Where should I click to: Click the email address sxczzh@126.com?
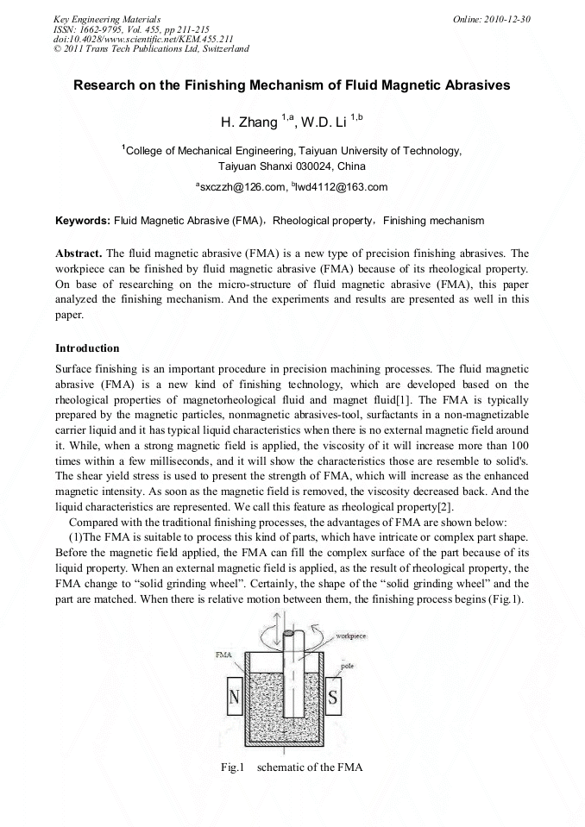click(243, 186)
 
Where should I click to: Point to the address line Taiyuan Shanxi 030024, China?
click(292, 166)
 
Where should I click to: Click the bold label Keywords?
click(82, 221)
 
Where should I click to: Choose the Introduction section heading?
click(87, 348)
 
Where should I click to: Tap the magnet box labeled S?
click(334, 694)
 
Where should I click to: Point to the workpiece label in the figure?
click(354, 634)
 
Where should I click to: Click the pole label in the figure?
click(347, 666)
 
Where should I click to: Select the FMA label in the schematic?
click(224, 655)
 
